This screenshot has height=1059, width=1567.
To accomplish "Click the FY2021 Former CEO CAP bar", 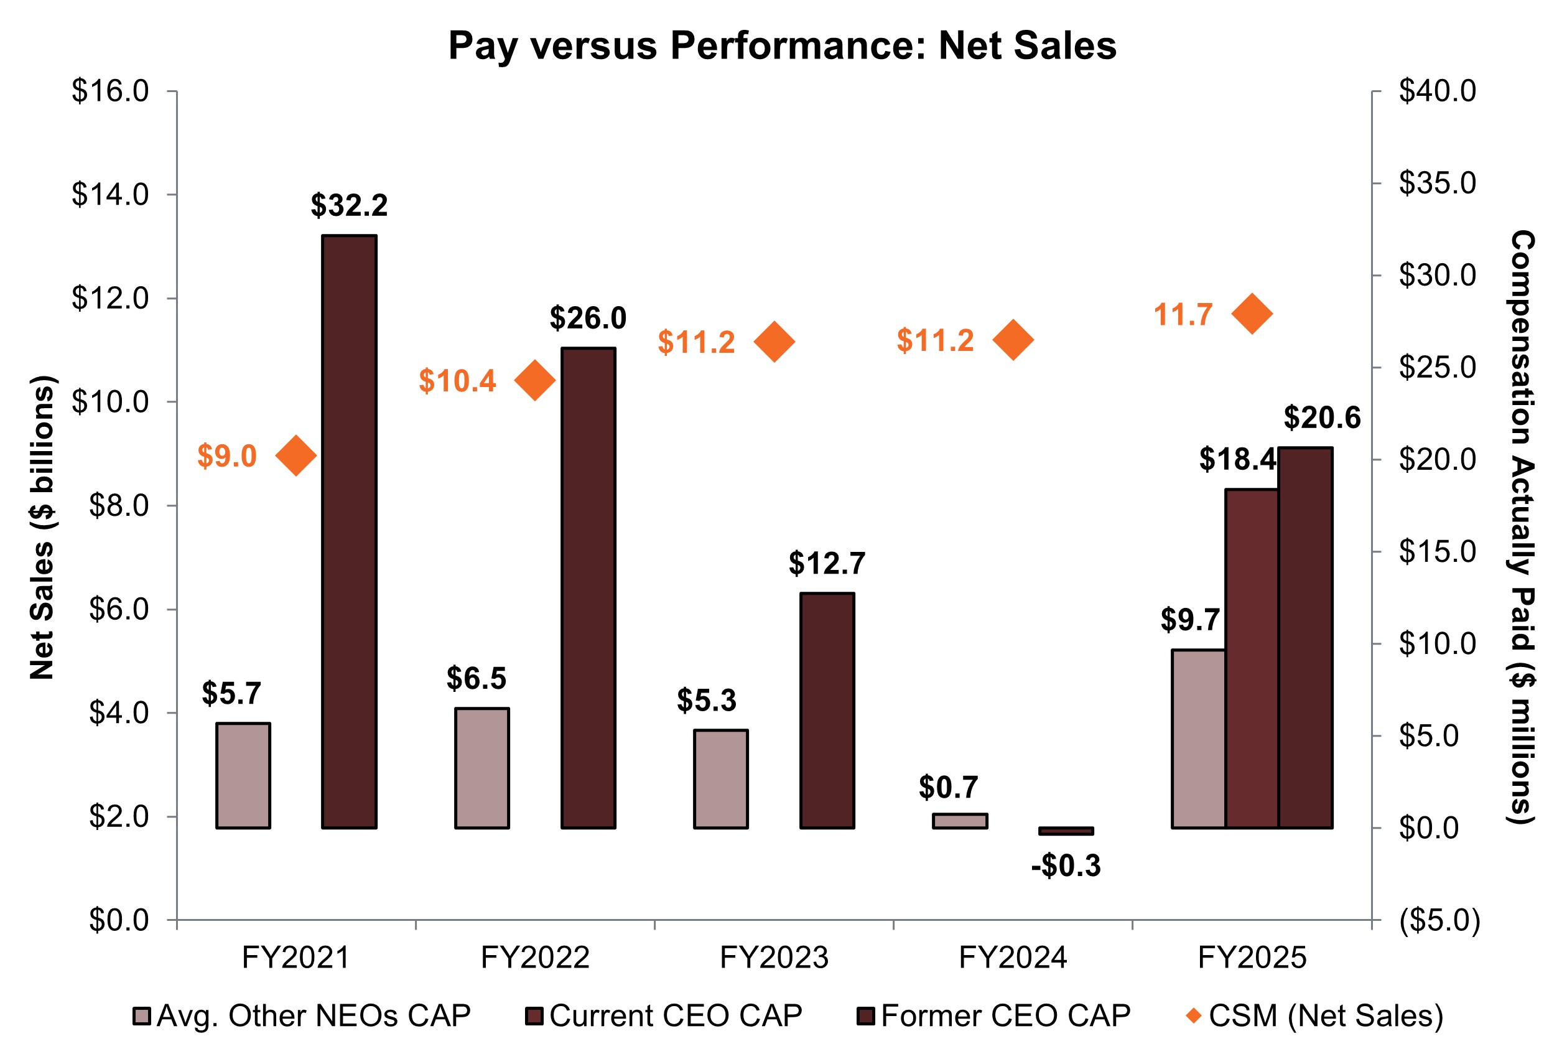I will pos(348,531).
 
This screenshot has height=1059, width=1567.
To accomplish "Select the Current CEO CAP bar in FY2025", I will pos(1251,658).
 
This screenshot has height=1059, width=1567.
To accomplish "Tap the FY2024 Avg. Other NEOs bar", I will pos(959,821).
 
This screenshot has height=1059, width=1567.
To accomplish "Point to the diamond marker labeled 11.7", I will pos(1252,314).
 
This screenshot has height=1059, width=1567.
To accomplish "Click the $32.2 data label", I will pos(348,205).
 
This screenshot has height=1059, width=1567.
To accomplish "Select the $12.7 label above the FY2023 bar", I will pos(827,563).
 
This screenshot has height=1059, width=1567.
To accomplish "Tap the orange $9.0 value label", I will pos(226,456).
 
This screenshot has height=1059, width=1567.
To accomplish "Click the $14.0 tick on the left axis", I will pos(110,194).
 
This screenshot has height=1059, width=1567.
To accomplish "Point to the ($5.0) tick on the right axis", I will pos(1439,920).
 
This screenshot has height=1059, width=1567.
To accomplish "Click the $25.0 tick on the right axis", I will pos(1437,368).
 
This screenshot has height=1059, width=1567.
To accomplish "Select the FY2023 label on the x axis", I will pos(773,958).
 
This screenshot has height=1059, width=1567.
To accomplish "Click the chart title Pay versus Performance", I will pos(782,46).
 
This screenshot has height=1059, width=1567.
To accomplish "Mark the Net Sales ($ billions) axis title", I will pos(42,527).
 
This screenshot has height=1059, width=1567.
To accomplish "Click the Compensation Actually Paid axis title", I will pos(1522,527).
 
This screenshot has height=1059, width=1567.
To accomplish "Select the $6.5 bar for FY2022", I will pos(481,768).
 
